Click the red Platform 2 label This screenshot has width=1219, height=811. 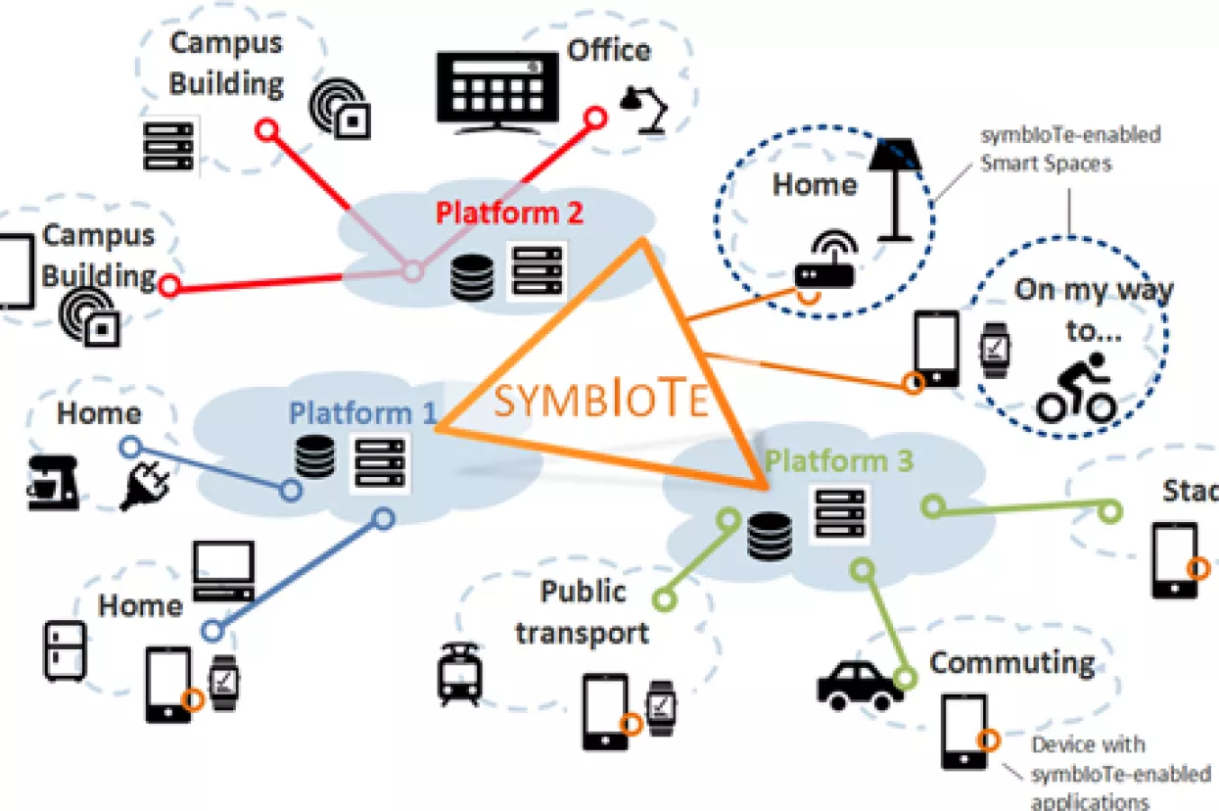click(509, 213)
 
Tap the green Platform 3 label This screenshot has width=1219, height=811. click(840, 460)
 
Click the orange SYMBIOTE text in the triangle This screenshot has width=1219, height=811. click(600, 401)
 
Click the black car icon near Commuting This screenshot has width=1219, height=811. click(861, 685)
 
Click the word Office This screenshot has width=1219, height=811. click(609, 50)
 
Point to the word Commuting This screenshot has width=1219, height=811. click(1011, 663)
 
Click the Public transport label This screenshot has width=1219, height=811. click(583, 612)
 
